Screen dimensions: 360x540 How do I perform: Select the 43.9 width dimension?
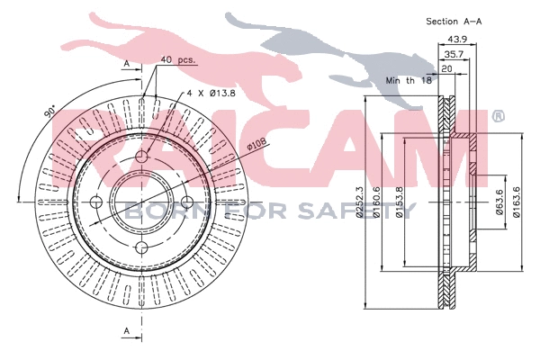click(x=459, y=39)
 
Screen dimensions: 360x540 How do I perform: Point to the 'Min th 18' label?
click(x=409, y=80)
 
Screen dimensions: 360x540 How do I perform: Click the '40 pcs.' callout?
click(x=177, y=60)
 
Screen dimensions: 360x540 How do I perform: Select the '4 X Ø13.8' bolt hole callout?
click(x=212, y=93)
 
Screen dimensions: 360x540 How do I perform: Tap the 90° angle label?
click(x=49, y=113)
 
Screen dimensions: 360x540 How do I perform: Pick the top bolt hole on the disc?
click(x=141, y=157)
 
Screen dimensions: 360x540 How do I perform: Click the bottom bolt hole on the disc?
click(x=141, y=247)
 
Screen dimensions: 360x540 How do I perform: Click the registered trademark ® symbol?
click(x=497, y=117)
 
